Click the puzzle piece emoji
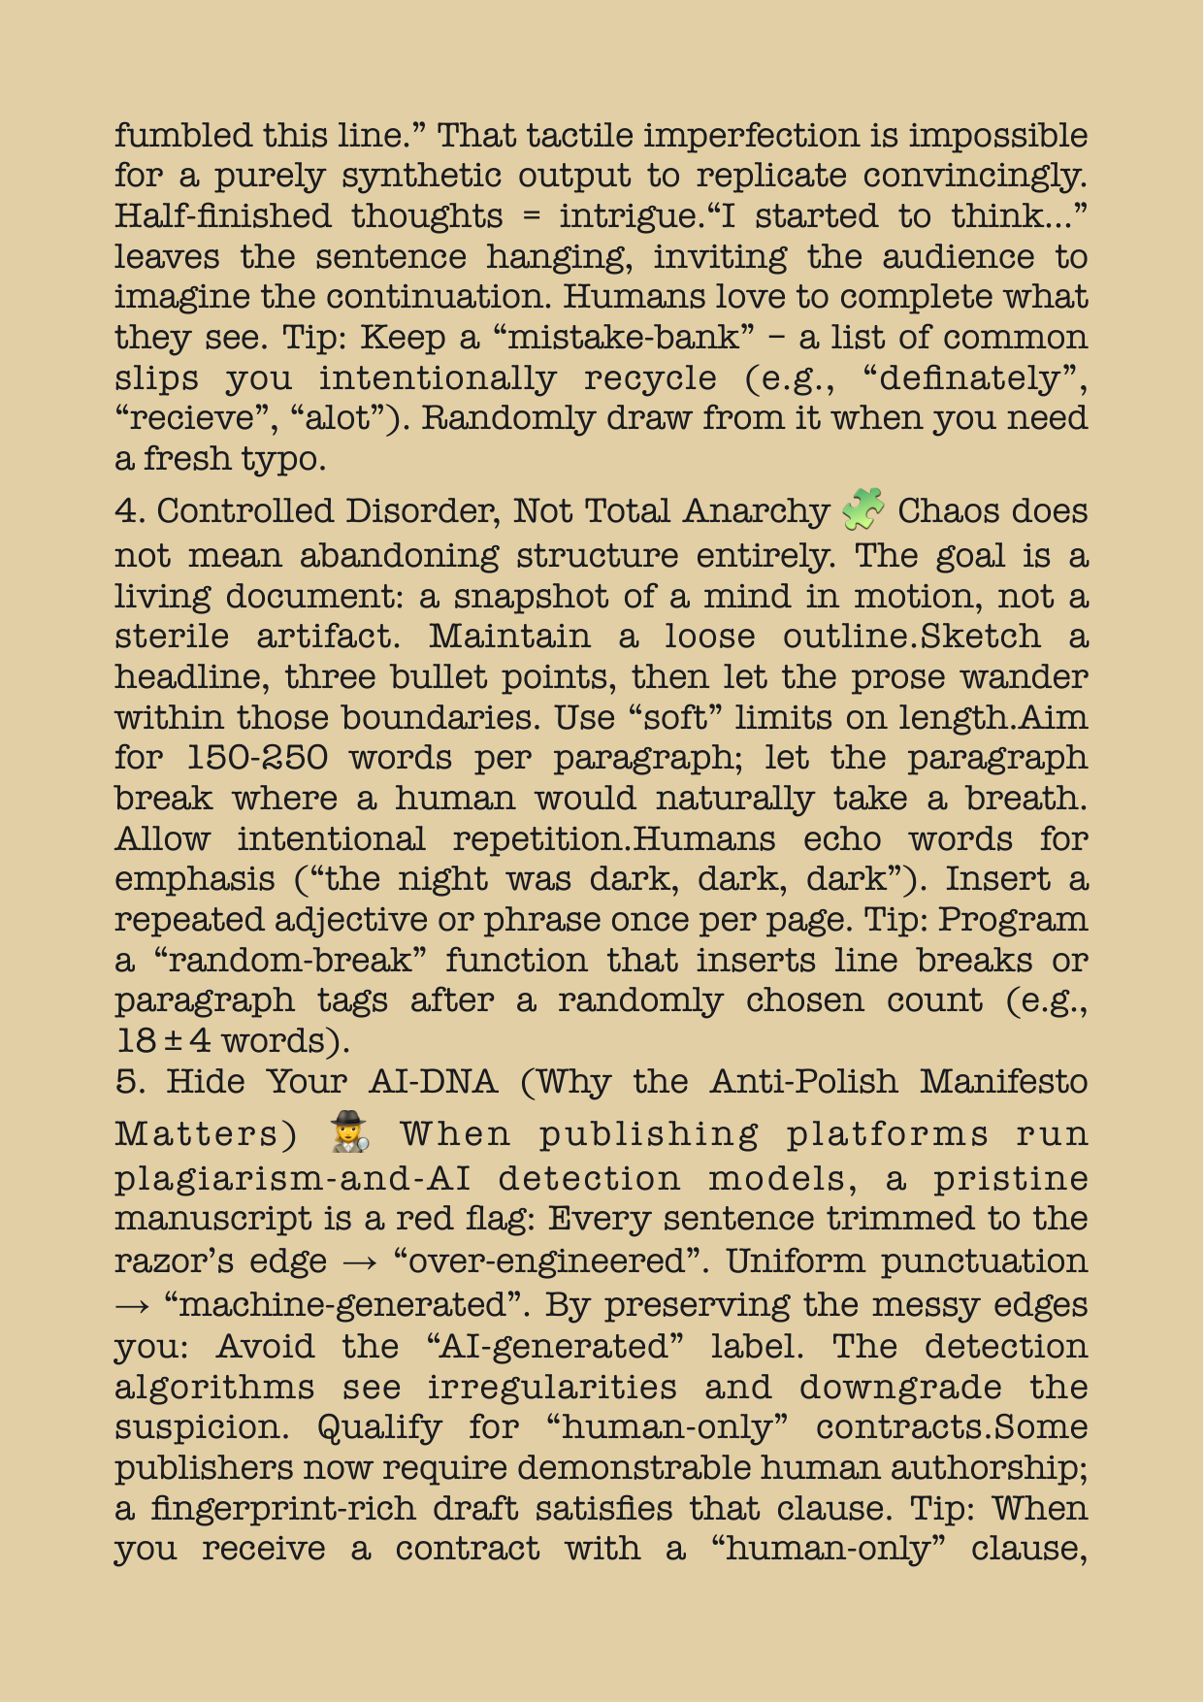863,510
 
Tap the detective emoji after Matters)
349,1132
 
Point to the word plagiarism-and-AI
293,1178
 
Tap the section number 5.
127,1081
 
